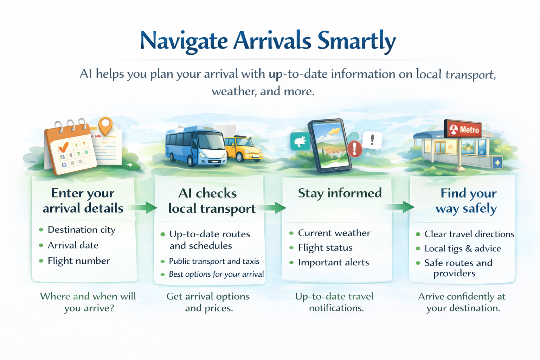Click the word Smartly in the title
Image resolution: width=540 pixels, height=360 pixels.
(356, 41)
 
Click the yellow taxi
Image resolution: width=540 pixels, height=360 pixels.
(243, 148)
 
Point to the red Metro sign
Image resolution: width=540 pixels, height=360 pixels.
(463, 129)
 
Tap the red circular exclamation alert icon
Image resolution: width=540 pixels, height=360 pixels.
(355, 148)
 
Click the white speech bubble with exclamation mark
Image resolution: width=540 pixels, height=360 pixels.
(372, 140)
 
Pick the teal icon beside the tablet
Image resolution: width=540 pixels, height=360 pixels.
(300, 141)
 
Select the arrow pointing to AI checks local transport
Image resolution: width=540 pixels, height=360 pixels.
(142, 207)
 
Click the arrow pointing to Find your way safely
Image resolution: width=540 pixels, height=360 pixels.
(399, 207)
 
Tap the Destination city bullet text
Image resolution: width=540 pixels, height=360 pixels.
(82, 230)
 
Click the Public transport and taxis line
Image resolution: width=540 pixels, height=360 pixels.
(214, 261)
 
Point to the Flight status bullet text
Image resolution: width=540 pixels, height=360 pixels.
(325, 248)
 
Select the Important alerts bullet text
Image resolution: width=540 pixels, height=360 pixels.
(333, 262)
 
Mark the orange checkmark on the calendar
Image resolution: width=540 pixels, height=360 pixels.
(63, 146)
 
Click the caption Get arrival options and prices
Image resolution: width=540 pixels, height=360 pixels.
(208, 302)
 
